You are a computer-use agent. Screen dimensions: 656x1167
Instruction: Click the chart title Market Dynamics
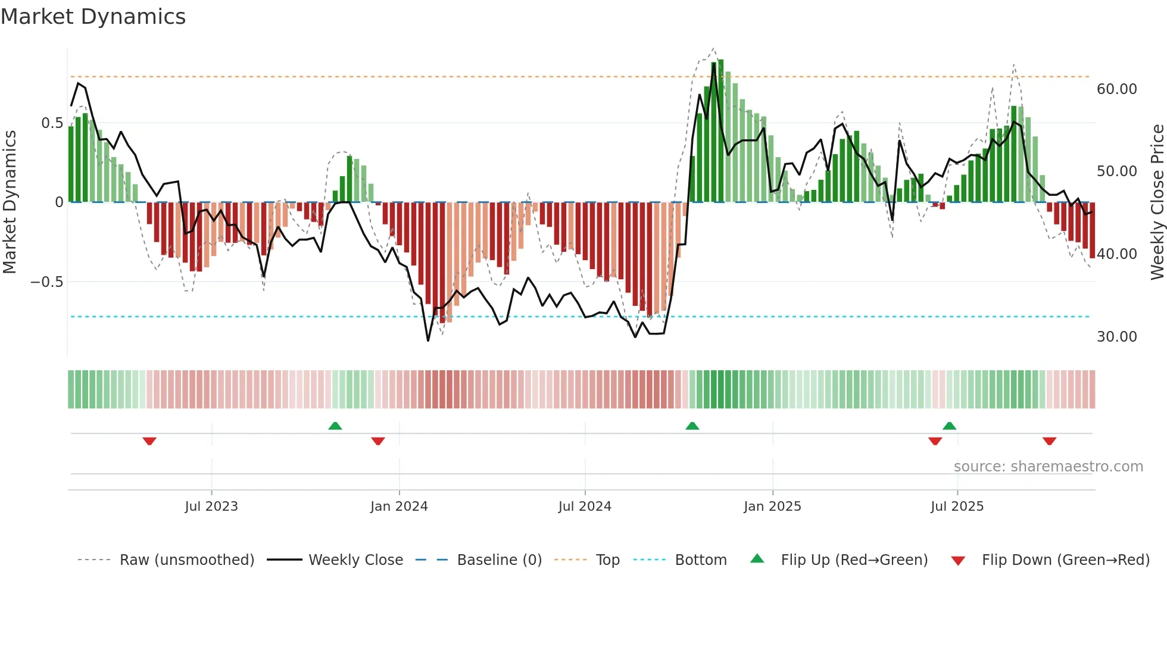click(x=93, y=17)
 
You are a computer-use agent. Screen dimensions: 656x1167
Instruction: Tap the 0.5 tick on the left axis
click(x=52, y=123)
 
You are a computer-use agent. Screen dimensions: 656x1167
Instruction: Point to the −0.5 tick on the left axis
click(x=47, y=282)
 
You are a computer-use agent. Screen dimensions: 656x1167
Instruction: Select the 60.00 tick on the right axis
click(x=1116, y=89)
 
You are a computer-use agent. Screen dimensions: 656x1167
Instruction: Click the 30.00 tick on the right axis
click(x=1116, y=337)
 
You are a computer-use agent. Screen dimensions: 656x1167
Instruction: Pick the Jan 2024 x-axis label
click(x=399, y=507)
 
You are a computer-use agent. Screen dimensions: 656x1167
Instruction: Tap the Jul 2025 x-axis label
click(x=957, y=507)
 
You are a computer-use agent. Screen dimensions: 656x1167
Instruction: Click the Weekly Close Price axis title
click(x=1157, y=202)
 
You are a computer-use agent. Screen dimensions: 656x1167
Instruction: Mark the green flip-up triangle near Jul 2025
click(x=950, y=426)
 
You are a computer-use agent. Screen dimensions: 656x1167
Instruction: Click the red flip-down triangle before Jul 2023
click(x=149, y=441)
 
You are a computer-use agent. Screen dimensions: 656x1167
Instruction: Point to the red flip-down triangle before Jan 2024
click(x=378, y=441)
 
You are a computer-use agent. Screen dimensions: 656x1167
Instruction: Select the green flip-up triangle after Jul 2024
click(x=692, y=426)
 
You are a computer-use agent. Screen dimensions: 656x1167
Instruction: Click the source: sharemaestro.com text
click(x=1048, y=467)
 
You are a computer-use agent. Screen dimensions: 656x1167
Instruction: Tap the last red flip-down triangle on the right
click(x=1049, y=441)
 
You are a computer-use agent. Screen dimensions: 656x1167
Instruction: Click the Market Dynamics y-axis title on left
click(x=10, y=202)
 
